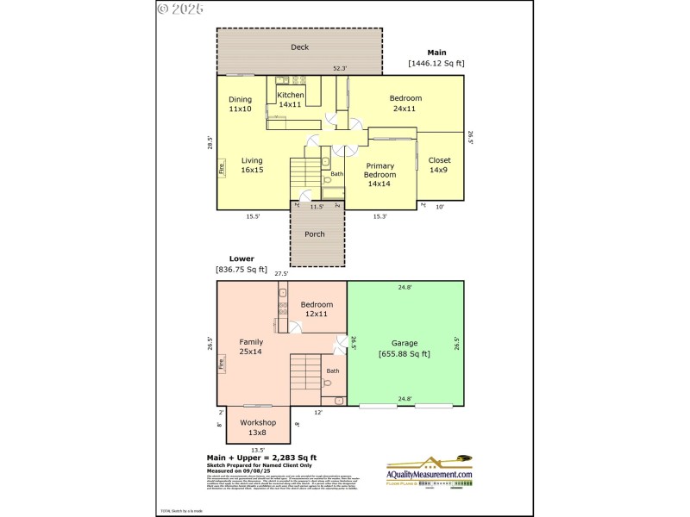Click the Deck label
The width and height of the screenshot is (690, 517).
click(x=299, y=47)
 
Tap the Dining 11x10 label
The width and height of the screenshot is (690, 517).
click(x=240, y=104)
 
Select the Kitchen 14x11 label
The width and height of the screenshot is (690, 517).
click(x=291, y=99)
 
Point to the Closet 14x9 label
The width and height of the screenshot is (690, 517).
click(x=439, y=165)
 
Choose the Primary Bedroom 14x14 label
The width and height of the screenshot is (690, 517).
click(x=379, y=174)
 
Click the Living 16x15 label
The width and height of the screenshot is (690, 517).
click(x=252, y=165)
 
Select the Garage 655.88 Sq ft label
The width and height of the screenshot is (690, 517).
click(x=404, y=348)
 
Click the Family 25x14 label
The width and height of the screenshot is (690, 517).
click(x=251, y=346)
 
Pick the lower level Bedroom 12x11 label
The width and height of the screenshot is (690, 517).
click(x=317, y=309)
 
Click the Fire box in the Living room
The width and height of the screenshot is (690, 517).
click(x=221, y=169)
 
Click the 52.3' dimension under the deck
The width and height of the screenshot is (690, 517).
click(x=341, y=68)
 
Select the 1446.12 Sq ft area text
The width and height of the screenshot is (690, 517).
click(x=436, y=63)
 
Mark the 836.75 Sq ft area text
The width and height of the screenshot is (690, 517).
click(x=241, y=270)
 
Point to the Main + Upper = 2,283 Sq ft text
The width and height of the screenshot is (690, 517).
click(x=261, y=458)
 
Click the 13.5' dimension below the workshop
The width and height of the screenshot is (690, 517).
click(x=257, y=449)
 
